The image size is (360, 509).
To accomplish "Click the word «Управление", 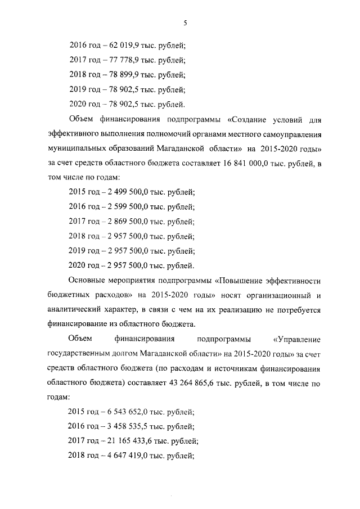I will point(297,339).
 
